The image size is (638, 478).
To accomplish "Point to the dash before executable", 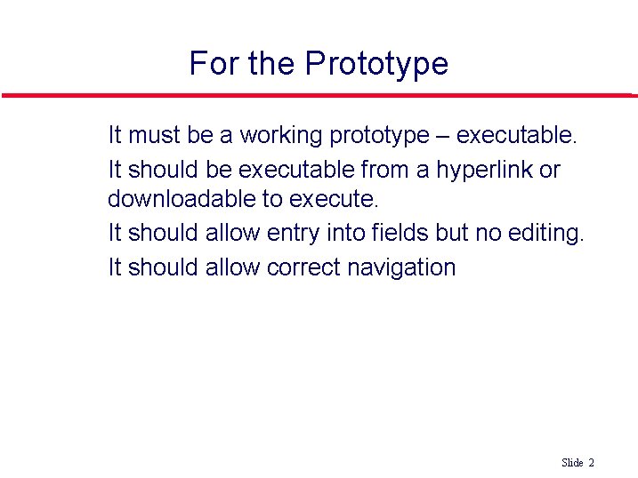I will coord(442,136).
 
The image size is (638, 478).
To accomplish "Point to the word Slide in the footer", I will coord(572,463).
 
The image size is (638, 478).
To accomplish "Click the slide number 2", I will coord(591,463).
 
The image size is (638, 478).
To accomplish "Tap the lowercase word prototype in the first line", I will coord(378,136).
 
